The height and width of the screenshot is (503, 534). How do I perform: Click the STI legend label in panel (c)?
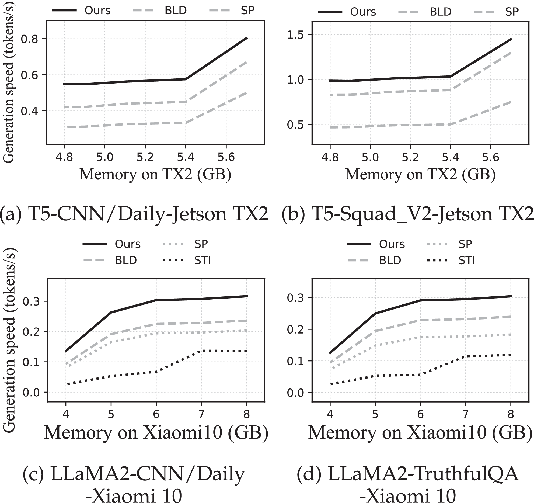pos(203,261)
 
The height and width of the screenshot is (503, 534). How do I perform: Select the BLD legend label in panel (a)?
pos(176,11)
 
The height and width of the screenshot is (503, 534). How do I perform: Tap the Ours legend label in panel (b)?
pos(363,12)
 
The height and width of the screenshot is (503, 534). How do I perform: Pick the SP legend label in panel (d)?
pos(465,244)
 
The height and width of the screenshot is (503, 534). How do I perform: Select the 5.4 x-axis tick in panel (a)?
pos(186,157)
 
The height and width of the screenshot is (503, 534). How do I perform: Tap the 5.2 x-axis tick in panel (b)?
pos(410,157)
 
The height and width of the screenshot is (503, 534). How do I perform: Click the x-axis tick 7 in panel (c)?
pos(201,414)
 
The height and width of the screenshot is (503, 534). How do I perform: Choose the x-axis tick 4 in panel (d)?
pos(330,414)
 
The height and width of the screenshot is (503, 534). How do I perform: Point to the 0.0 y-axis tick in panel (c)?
pos(31,393)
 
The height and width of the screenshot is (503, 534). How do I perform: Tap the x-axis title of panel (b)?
pos(420,174)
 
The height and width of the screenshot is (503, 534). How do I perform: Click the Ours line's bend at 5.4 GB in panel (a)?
pos(186,79)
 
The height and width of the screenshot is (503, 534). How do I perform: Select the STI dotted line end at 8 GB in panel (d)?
pos(510,355)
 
